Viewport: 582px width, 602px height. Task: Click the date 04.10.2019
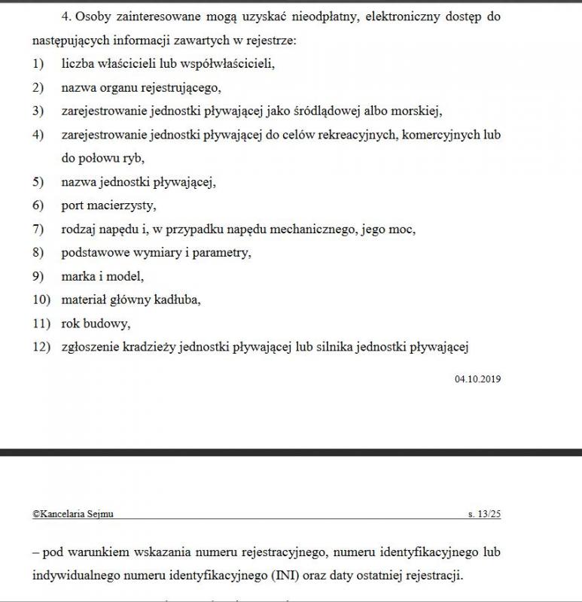click(477, 379)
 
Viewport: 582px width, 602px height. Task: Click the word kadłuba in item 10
click(178, 299)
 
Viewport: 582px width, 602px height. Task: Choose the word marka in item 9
click(78, 276)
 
